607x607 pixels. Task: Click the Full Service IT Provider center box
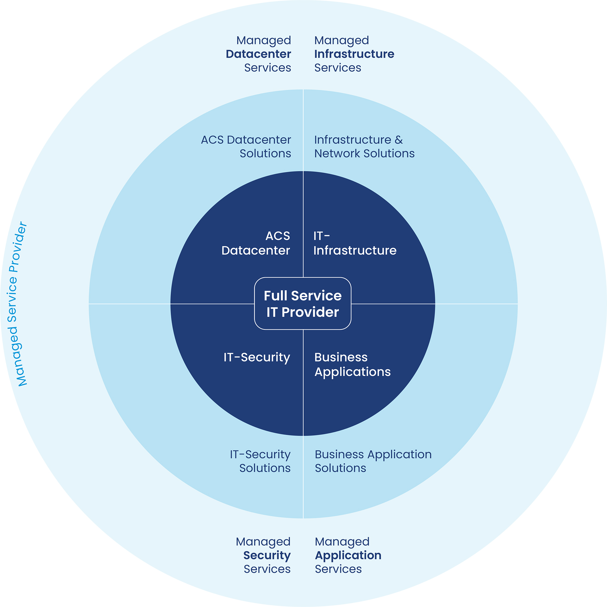point(303,303)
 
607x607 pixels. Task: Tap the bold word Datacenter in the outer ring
point(258,54)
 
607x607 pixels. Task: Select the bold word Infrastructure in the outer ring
point(354,54)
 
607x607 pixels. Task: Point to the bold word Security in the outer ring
point(267,555)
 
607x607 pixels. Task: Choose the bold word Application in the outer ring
point(348,555)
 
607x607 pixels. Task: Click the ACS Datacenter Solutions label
point(246,146)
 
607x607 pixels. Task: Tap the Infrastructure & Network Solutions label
point(364,146)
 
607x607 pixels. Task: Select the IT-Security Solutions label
point(260,461)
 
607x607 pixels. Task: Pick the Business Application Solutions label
point(373,461)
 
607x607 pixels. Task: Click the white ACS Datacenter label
point(256,243)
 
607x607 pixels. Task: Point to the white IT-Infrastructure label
point(355,243)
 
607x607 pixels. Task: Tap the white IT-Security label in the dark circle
point(257,357)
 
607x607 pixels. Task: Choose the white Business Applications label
point(353,365)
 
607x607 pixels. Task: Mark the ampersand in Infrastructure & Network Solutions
point(399,140)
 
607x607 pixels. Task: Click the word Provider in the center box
point(310,312)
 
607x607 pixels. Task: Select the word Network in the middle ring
point(337,153)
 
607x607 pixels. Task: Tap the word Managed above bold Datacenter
point(264,40)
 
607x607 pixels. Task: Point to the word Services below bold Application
point(338,569)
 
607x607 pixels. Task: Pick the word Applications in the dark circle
point(353,372)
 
